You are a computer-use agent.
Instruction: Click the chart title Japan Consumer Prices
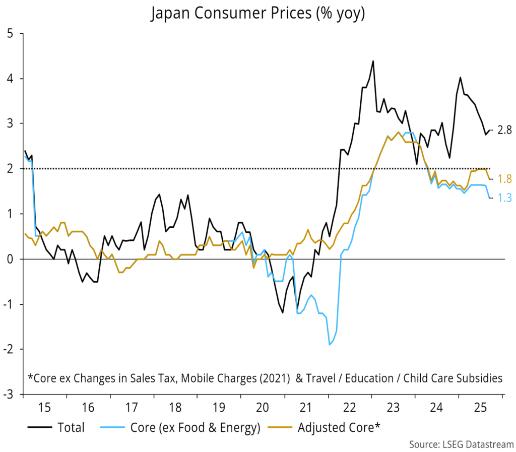(x=257, y=14)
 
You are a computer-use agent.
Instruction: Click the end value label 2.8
(x=504, y=130)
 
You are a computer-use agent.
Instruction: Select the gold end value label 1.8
(x=504, y=179)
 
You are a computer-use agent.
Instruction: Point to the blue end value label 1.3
(x=504, y=199)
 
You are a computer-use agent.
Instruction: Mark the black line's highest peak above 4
(x=373, y=61)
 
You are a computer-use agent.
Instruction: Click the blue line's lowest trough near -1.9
(x=330, y=345)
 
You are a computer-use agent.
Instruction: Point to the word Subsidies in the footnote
(x=477, y=377)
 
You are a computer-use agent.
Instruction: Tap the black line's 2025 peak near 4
(x=460, y=77)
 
